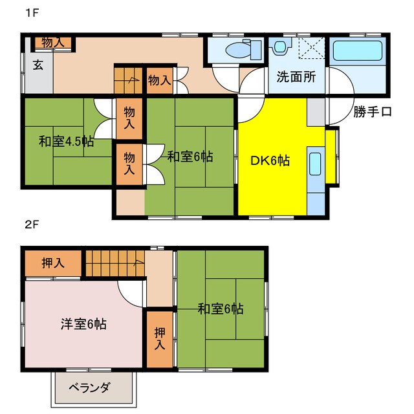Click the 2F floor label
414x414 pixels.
click(31, 225)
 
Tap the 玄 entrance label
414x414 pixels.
click(38, 65)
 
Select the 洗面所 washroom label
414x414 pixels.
click(296, 76)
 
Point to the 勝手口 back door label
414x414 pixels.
click(372, 112)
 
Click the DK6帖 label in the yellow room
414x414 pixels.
click(270, 161)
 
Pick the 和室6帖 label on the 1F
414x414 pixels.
click(190, 156)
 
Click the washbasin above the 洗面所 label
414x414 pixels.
click(280, 47)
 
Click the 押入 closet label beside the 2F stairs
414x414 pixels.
click(53, 263)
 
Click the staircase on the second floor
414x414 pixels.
click(114, 263)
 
